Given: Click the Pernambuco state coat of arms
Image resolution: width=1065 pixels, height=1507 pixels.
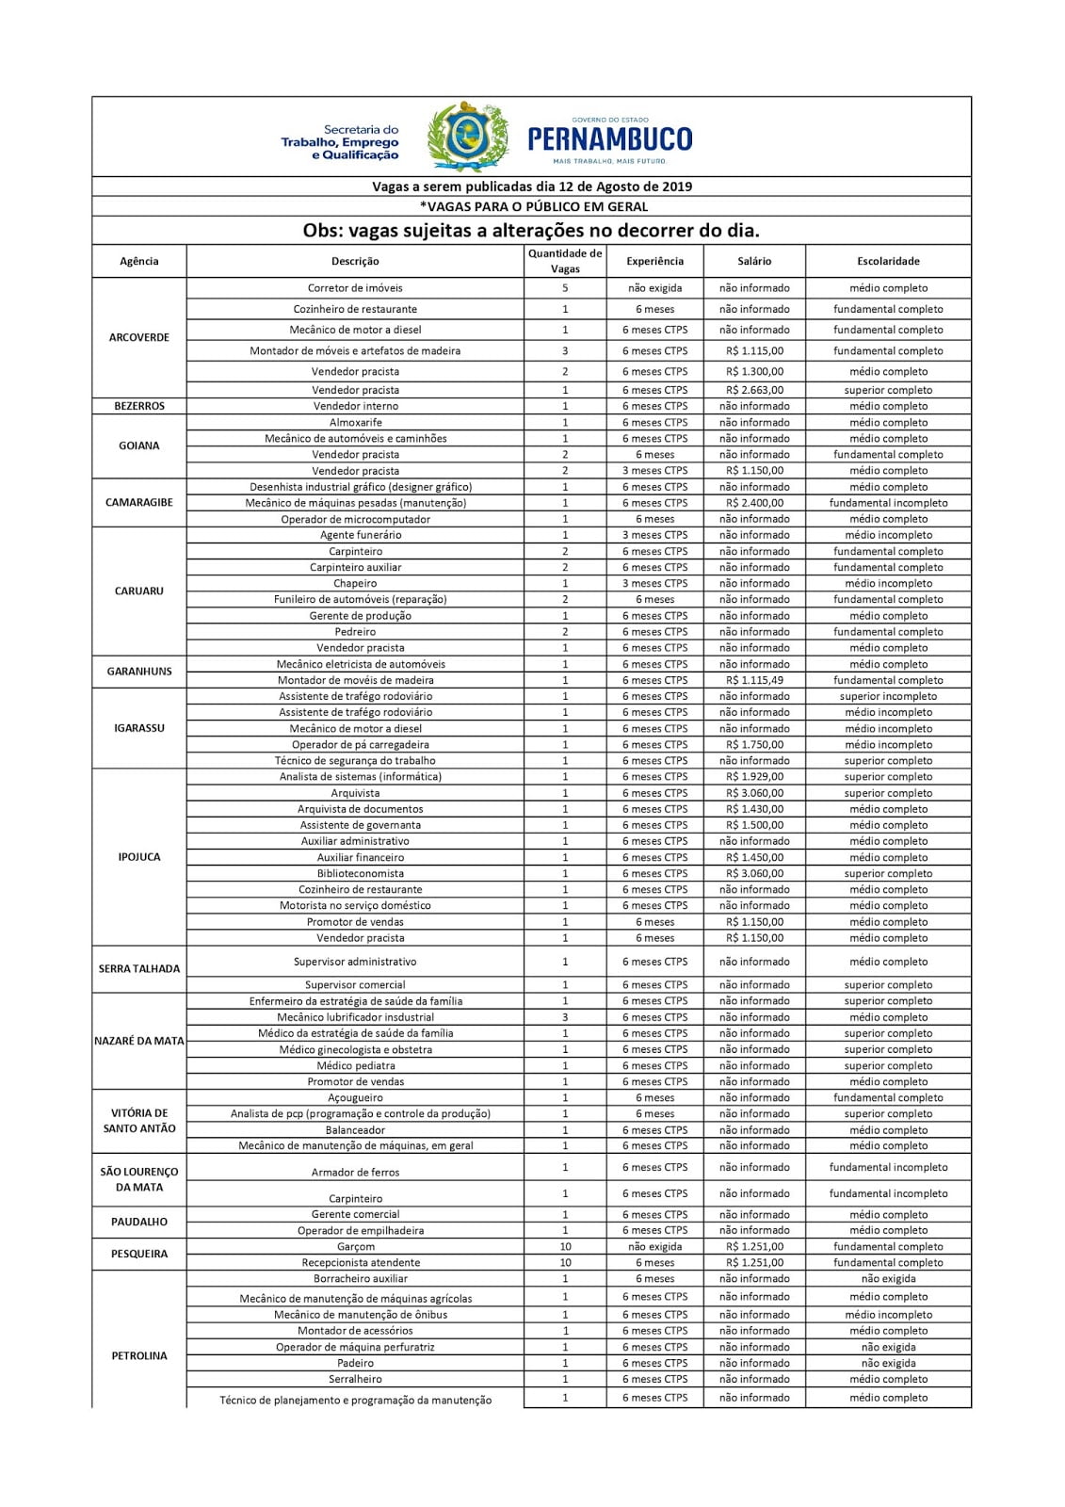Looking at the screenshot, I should tap(468, 138).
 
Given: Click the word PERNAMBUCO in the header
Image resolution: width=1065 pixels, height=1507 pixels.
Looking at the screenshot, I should tap(610, 140).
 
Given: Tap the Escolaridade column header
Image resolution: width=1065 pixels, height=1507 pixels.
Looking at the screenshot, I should tap(888, 261).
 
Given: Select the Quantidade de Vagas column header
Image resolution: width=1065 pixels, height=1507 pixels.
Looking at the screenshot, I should tap(565, 261).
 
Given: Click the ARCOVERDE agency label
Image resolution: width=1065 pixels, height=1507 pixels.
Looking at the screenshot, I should tap(139, 337).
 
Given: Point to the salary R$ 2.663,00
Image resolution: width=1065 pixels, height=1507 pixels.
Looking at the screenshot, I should tap(754, 390).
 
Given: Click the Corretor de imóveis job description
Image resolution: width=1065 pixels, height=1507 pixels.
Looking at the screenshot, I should tap(355, 288).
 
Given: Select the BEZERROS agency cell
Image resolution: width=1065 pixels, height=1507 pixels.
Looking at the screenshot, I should tap(139, 406).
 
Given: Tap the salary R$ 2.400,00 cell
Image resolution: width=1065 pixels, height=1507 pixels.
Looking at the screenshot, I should tap(754, 503).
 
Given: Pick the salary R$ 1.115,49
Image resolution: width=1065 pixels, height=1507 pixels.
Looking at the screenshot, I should tap(754, 680).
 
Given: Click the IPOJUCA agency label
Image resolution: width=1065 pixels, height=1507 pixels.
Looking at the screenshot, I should tap(139, 857).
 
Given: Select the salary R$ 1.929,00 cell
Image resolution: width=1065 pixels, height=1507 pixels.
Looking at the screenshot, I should tap(754, 777).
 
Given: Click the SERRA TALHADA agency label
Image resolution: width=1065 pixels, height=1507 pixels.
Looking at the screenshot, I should tap(139, 968).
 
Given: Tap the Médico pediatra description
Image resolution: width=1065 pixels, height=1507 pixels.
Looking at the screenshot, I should tap(356, 1065).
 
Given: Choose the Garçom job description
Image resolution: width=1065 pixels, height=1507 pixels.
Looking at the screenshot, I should tap(356, 1246).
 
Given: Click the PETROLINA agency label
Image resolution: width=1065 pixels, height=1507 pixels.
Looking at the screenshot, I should tap(139, 1355).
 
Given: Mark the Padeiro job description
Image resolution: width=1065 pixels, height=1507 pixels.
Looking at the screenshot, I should tap(356, 1363).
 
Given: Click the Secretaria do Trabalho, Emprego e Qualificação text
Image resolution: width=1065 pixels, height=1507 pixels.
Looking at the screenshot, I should tap(340, 142).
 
